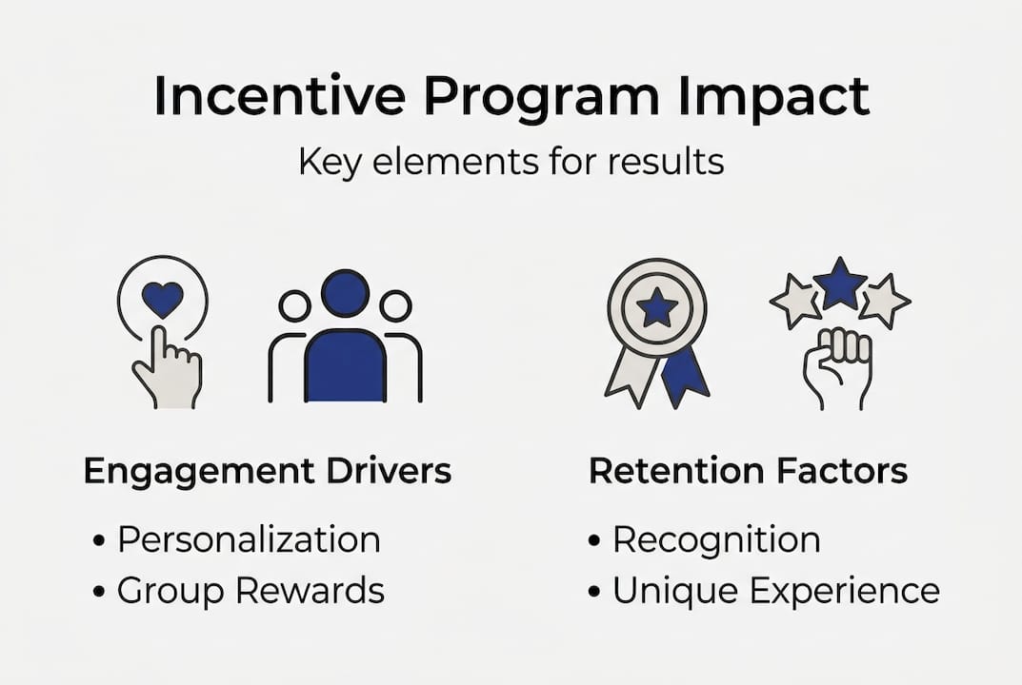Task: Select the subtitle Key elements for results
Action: (x=511, y=161)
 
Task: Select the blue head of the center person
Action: (x=345, y=293)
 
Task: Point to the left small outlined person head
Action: (x=294, y=305)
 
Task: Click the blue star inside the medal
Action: (x=657, y=307)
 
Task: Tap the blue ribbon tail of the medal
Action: (x=685, y=374)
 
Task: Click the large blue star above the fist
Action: (x=840, y=283)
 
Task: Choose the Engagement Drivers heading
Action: (x=268, y=471)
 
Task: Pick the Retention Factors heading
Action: (x=748, y=471)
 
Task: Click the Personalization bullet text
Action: (x=248, y=539)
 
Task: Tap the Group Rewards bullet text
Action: (x=250, y=591)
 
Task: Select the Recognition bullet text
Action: (x=715, y=539)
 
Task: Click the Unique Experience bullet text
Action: (x=775, y=591)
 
